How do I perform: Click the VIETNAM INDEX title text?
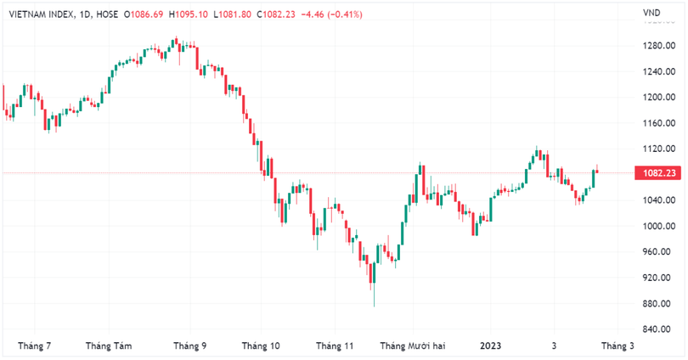click(x=38, y=14)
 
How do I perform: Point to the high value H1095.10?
click(x=189, y=14)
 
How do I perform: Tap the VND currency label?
click(x=652, y=13)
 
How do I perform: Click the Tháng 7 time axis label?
click(x=35, y=346)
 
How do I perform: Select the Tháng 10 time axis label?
click(x=261, y=346)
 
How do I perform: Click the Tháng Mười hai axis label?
click(x=413, y=346)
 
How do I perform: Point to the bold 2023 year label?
click(x=491, y=346)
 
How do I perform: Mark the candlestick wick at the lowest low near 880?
click(x=373, y=297)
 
